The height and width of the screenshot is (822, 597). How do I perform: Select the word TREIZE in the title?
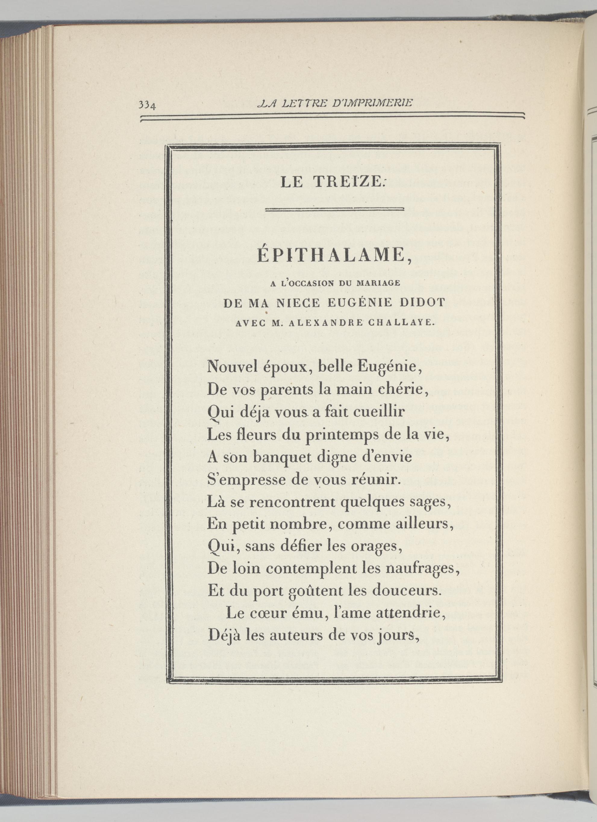point(348,182)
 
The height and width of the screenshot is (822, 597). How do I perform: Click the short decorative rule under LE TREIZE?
point(335,209)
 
